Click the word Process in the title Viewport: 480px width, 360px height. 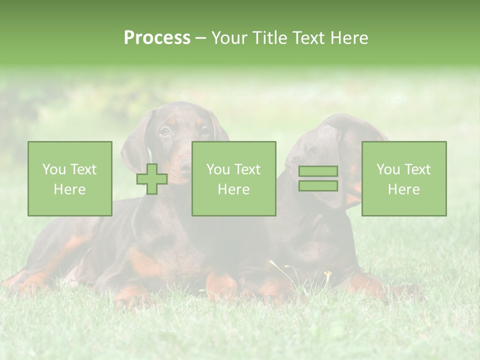click(157, 38)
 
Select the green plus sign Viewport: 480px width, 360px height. click(152, 179)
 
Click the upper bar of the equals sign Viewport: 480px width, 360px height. click(318, 171)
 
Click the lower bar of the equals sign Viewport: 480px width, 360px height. click(318, 185)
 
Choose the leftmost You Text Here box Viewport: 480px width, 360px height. click(70, 178)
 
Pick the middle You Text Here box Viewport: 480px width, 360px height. click(233, 178)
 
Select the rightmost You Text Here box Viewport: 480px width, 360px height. click(404, 178)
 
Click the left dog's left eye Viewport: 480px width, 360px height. click(165, 131)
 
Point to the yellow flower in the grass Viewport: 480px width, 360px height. click(328, 273)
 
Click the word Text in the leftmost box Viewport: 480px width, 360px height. click(83, 169)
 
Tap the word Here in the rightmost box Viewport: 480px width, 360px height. click(403, 189)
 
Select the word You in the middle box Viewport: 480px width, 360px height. click(217, 169)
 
